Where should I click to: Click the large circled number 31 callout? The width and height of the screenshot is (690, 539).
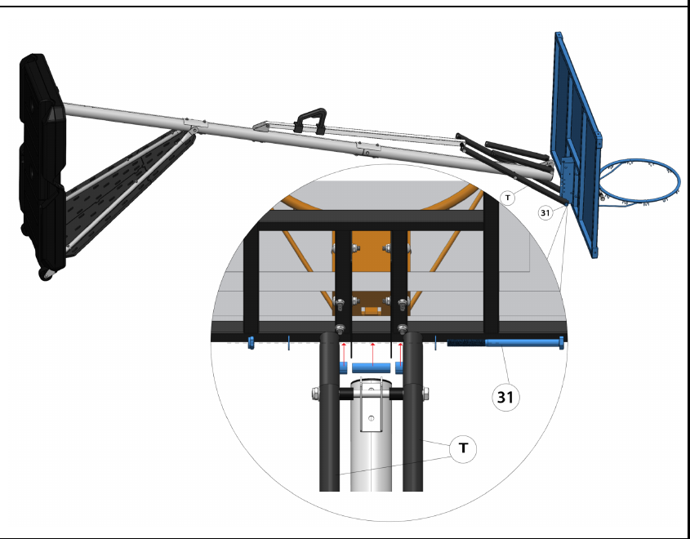505,398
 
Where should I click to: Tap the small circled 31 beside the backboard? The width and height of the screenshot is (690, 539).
545,213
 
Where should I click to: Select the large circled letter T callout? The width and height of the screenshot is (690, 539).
463,449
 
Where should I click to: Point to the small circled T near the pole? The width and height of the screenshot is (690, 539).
508,198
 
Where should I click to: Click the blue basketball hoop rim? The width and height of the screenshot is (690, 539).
639,182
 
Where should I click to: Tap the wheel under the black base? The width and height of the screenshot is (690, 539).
46,274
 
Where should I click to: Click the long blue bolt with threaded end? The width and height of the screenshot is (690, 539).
506,342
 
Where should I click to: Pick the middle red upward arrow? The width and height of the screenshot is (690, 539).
372,354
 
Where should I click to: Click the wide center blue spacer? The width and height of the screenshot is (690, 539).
372,368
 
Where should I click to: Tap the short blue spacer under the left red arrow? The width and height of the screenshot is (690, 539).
343,367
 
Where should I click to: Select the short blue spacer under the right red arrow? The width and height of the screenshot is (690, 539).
399,367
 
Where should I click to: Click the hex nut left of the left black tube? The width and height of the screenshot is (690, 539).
315,394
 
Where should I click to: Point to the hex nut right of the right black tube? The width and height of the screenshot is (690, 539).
425,394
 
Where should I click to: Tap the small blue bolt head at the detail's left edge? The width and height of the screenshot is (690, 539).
251,343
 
